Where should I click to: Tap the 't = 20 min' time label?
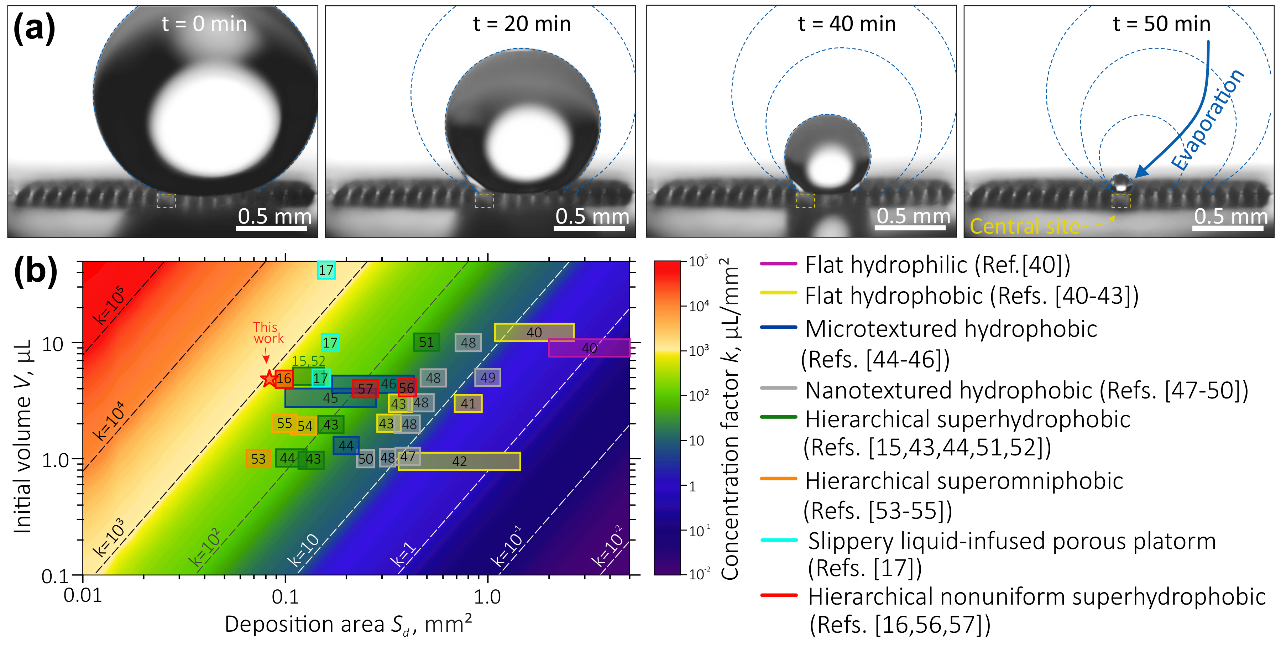pyautogui.click(x=522, y=24)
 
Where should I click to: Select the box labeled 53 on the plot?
pyautogui.click(x=258, y=459)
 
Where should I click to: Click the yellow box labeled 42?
pyautogui.click(x=459, y=461)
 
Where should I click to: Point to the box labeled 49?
pyautogui.click(x=487, y=377)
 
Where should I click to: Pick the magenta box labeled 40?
pyautogui.click(x=589, y=348)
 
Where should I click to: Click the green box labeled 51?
pyautogui.click(x=426, y=342)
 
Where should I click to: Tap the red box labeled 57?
pyautogui.click(x=365, y=388)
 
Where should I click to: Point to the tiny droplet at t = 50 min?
pyautogui.click(x=1121, y=183)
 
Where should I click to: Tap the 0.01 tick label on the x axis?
pyautogui.click(x=83, y=596)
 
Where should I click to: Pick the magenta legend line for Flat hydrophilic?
pyautogui.click(x=779, y=264)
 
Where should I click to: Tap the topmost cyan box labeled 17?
pyautogui.click(x=326, y=270)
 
